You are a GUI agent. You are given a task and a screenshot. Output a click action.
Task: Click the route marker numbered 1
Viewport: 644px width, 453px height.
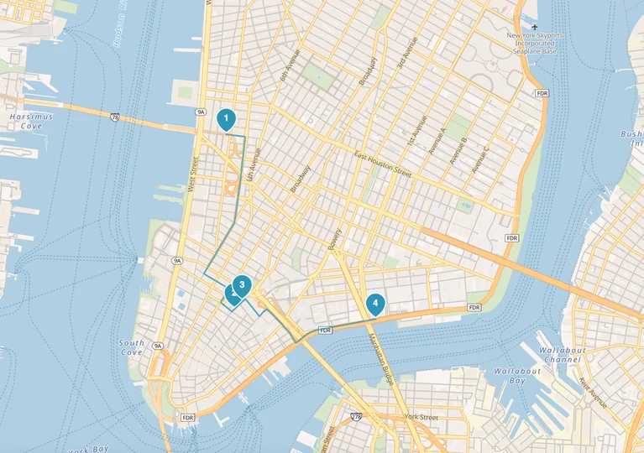pyautogui.click(x=225, y=119)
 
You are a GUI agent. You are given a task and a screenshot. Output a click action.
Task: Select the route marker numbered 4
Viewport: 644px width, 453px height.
pyautogui.click(x=375, y=303)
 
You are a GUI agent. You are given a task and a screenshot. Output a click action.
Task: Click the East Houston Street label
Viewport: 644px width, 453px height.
pyautogui.click(x=383, y=164)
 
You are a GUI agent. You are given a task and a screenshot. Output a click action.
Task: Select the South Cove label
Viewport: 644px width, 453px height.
pyautogui.click(x=132, y=347)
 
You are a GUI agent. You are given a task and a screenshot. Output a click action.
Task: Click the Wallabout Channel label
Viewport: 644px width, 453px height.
pyautogui.click(x=562, y=354)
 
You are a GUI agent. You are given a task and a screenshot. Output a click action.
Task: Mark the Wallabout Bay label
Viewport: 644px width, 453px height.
pyautogui.click(x=517, y=375)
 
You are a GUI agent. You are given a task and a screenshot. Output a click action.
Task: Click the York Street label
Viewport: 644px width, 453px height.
pyautogui.click(x=421, y=417)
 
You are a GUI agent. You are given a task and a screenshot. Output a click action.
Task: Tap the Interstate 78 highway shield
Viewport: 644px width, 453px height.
pyautogui.click(x=114, y=117)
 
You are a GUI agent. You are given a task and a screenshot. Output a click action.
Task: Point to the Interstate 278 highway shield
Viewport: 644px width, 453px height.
pyautogui.click(x=356, y=414)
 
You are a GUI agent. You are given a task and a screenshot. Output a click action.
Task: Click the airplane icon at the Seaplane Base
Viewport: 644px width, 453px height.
pyautogui.click(x=535, y=26)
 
